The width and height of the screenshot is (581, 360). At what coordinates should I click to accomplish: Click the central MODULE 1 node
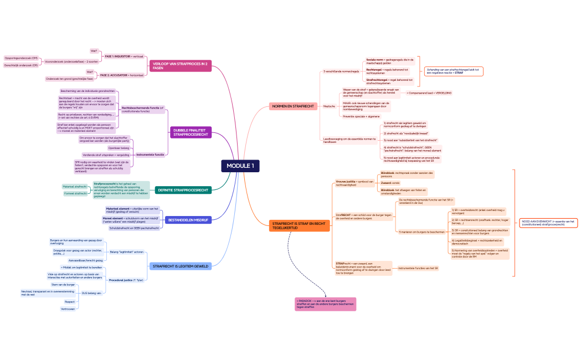(x=240, y=166)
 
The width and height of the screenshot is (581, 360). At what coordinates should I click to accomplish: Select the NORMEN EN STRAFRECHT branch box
(x=293, y=106)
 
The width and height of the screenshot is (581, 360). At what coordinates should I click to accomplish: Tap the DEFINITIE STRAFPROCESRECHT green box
(x=183, y=190)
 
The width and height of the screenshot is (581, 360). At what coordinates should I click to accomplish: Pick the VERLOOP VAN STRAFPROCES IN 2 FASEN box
(x=180, y=66)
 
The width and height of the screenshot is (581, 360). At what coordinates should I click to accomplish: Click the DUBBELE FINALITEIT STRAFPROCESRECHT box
(x=191, y=132)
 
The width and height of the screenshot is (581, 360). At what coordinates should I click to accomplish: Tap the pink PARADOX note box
(x=325, y=304)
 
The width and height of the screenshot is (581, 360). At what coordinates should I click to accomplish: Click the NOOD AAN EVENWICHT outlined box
(x=549, y=223)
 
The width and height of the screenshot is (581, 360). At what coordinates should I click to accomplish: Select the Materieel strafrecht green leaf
(x=75, y=187)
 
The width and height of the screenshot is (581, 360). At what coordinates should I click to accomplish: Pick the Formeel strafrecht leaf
(x=75, y=193)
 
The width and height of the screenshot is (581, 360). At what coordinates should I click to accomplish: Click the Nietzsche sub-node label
(x=329, y=106)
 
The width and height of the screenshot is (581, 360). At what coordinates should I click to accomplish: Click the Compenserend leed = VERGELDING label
(x=429, y=93)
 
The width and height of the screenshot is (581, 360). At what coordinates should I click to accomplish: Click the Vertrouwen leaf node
(x=68, y=309)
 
